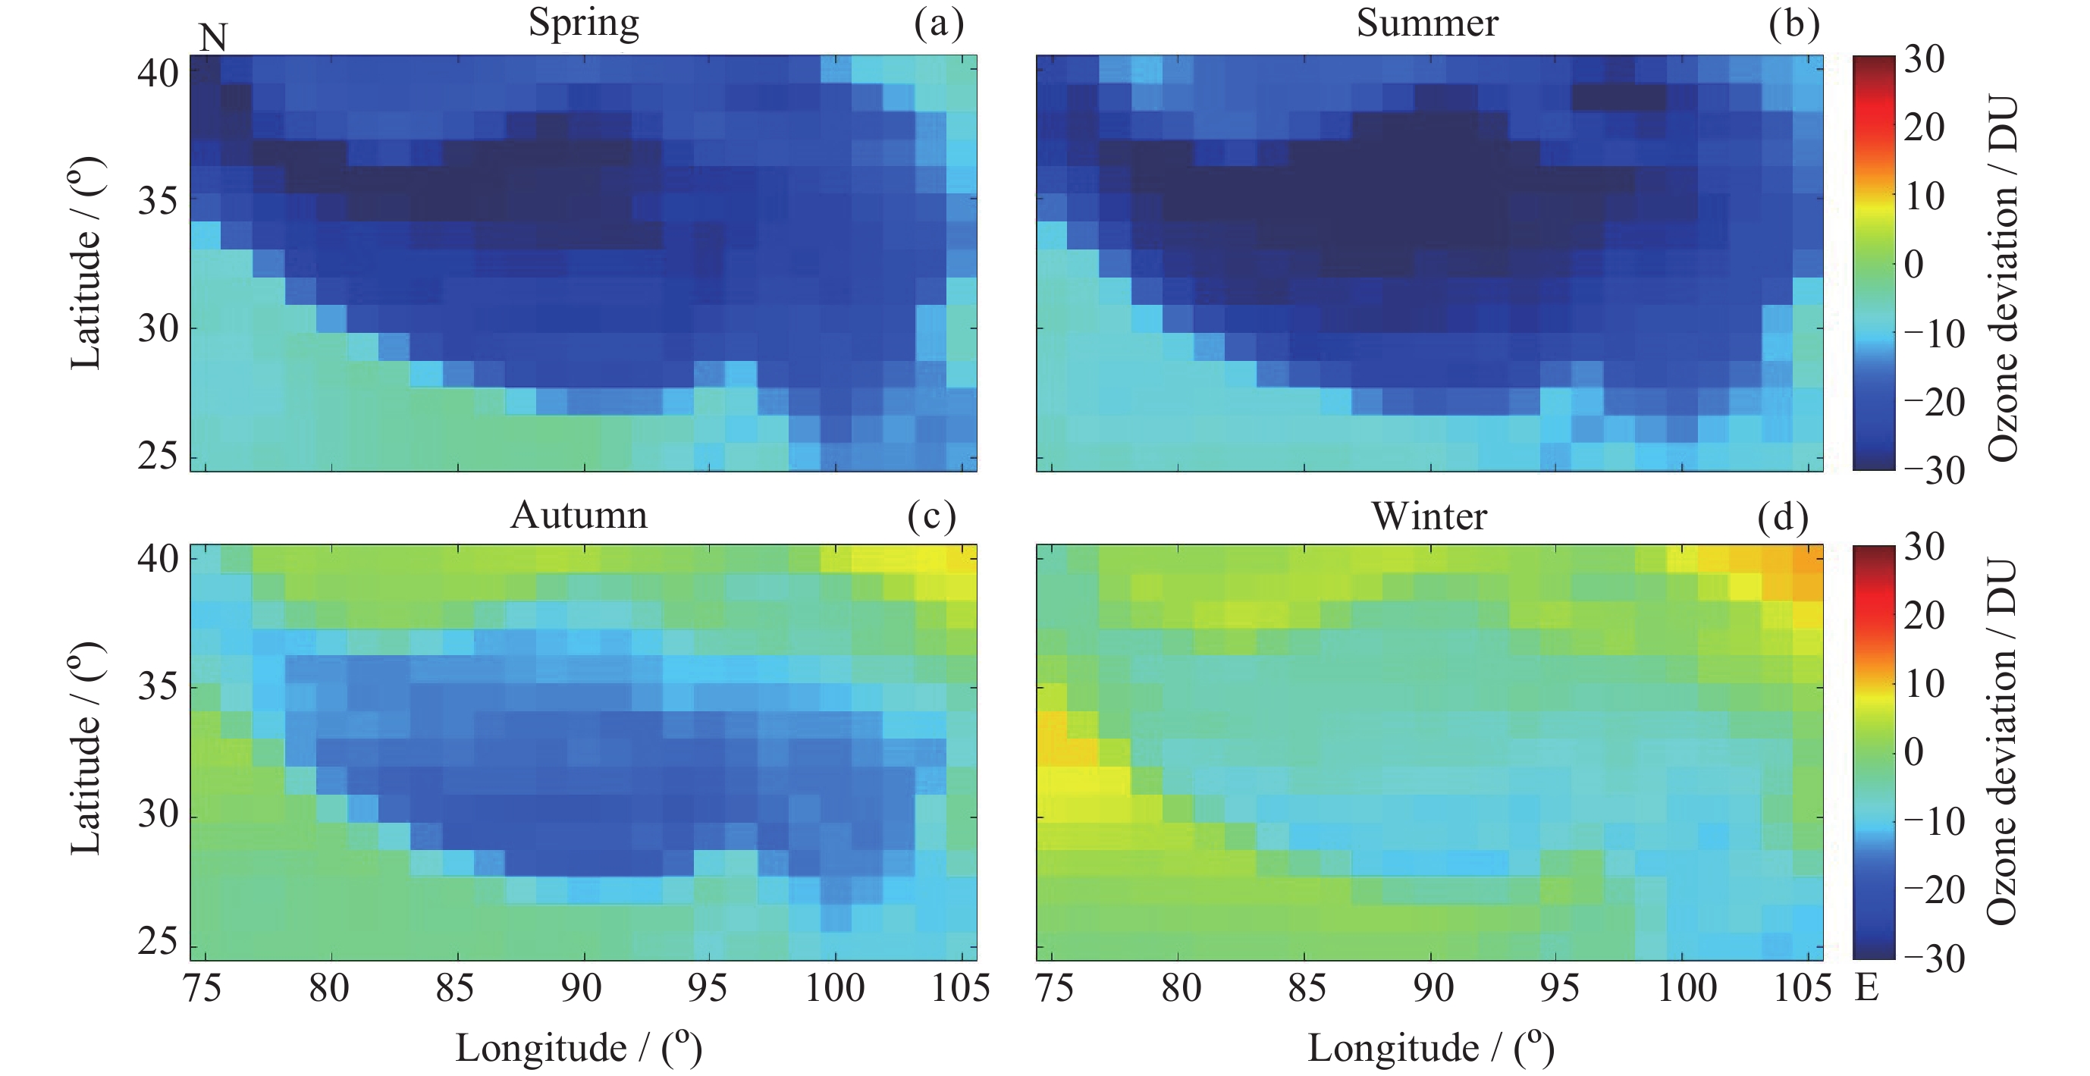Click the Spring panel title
click(x=583, y=23)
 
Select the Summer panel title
click(x=1426, y=23)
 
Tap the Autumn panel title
click(x=579, y=516)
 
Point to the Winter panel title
click(x=1429, y=516)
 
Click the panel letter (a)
click(x=938, y=24)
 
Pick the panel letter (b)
click(x=1793, y=24)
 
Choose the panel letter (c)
click(x=931, y=517)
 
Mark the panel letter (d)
click(x=1783, y=517)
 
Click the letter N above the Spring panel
click(x=212, y=38)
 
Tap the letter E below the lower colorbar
click(x=1867, y=987)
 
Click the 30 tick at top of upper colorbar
click(x=1924, y=59)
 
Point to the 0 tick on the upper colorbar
click(x=1913, y=265)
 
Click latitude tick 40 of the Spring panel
click(x=158, y=74)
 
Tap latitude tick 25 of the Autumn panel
click(x=158, y=941)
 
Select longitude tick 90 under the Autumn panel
click(x=582, y=988)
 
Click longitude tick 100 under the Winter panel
click(x=1686, y=988)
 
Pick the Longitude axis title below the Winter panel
click(x=1430, y=1048)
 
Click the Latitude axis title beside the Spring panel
click(x=86, y=264)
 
